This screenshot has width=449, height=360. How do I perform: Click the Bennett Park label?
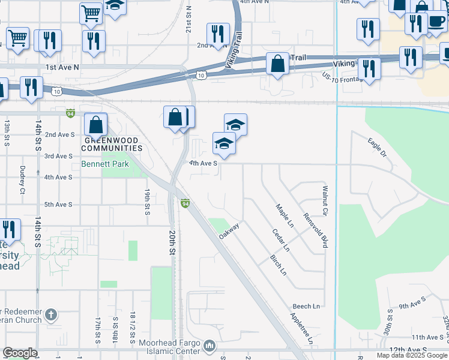pos(105,164)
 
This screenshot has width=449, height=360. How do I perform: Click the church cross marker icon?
pos(52,314)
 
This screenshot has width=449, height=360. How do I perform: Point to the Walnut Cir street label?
pos(325,200)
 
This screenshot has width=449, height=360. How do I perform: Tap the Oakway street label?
pos(229,231)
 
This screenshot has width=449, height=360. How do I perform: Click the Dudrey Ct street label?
pos(22,179)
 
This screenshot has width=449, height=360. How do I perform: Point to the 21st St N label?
pos(188,20)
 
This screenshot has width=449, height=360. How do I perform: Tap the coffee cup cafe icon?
pos(436,23)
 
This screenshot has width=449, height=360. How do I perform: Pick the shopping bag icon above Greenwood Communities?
pos(95,125)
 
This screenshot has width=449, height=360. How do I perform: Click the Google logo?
pos(20,353)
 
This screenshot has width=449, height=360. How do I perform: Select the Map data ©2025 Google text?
pos(412,355)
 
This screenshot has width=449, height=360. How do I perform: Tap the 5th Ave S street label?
pos(58,205)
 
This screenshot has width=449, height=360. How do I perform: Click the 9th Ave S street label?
pos(412,302)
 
